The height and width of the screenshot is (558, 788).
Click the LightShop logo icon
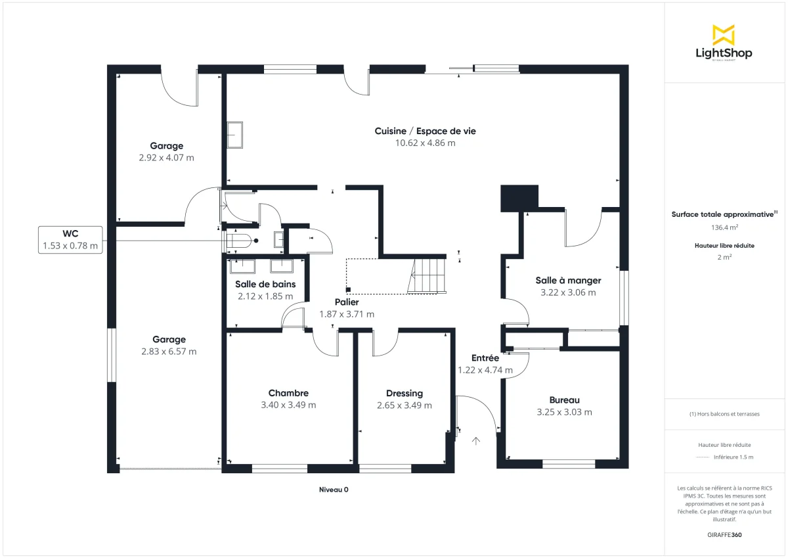(x=724, y=34)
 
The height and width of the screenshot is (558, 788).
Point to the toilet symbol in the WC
(x=238, y=241)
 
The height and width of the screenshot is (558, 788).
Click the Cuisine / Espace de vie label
(x=425, y=131)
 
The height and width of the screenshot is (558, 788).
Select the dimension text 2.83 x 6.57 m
(x=169, y=352)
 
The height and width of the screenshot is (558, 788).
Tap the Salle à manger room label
(x=568, y=280)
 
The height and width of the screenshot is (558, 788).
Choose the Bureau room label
(x=564, y=400)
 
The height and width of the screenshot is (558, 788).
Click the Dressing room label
(x=404, y=393)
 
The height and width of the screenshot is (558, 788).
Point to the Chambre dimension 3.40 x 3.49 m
(x=288, y=405)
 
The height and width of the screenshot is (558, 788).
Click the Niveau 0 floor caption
(x=333, y=490)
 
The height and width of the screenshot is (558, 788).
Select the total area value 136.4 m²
(x=724, y=227)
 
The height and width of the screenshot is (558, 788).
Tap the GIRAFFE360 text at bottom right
(x=724, y=535)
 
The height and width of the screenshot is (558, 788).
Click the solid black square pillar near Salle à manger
(x=519, y=198)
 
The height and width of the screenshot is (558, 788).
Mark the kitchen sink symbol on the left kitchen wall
(x=235, y=135)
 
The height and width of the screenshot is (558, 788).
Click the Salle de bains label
(x=265, y=284)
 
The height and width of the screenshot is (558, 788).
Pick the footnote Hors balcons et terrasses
(x=724, y=414)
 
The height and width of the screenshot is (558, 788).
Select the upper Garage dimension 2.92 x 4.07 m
(x=166, y=158)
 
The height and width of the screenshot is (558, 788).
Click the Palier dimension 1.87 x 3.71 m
(x=347, y=314)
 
